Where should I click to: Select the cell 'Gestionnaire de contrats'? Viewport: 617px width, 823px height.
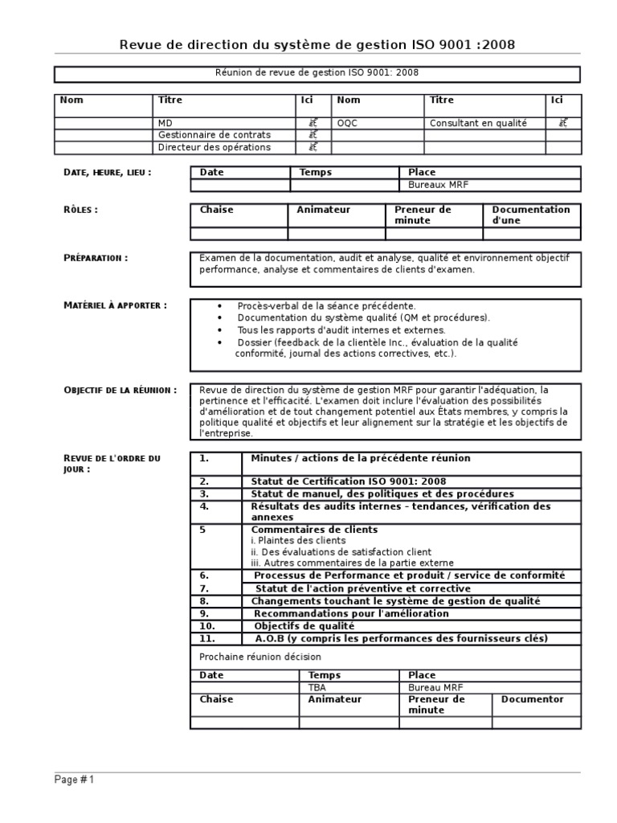[x=215, y=135]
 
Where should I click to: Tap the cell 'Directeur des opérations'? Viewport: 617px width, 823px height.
[x=215, y=148]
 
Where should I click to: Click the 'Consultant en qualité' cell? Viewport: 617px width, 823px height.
[x=478, y=123]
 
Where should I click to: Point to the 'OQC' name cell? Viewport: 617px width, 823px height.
[x=348, y=123]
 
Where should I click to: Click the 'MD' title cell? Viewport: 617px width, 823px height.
[x=165, y=123]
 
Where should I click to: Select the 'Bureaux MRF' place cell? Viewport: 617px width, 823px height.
[x=438, y=185]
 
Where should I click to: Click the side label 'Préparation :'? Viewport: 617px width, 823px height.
[x=95, y=258]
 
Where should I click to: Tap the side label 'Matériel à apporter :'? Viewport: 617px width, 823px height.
[x=115, y=305]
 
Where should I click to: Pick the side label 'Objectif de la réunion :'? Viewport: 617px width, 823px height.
[x=120, y=390]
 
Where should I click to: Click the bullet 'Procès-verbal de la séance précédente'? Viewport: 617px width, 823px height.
[x=326, y=306]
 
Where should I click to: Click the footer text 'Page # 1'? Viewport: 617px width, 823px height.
[x=74, y=780]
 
